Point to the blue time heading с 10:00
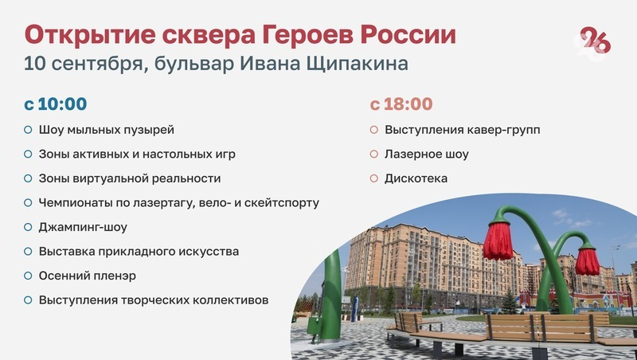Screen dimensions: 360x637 click(55, 104)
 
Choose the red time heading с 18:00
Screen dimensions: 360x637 click(401, 104)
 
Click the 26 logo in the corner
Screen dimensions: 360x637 click(595, 42)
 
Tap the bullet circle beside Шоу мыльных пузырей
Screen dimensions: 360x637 click(28, 129)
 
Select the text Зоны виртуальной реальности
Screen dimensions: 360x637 click(130, 178)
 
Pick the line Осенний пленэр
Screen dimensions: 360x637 click(88, 276)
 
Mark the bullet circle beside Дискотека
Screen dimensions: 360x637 click(373, 178)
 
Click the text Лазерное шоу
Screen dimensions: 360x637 click(427, 154)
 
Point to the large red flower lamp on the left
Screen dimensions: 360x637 click(498, 239)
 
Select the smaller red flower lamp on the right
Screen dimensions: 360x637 click(587, 260)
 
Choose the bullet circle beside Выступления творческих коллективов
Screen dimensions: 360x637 click(28, 300)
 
